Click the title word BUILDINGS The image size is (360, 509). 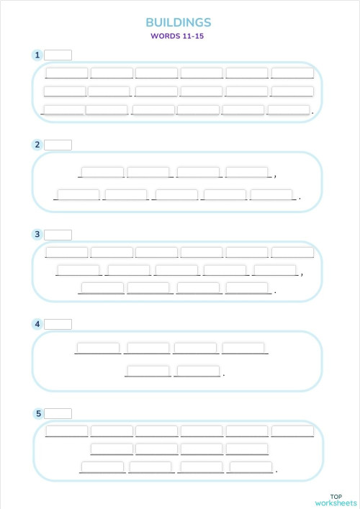pos(179,23)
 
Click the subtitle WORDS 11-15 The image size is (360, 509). pos(178,35)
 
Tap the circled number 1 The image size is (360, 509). pos(37,55)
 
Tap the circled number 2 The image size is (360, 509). pos(37,145)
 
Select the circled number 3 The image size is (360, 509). pos(37,234)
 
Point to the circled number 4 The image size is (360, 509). pos(37,324)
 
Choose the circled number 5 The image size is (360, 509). pos(37,413)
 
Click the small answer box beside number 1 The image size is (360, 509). pos(58,55)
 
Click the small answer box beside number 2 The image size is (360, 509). pos(58,145)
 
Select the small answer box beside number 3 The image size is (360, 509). pos(58,234)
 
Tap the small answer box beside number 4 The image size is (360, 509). pos(58,324)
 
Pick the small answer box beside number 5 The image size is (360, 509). pos(58,413)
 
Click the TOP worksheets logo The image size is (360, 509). pos(336,499)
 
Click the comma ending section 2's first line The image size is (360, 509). pos(276,175)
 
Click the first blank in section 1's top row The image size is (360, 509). pos(66,73)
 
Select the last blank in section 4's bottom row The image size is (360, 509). pos(197,371)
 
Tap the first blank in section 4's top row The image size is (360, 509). pos(98,348)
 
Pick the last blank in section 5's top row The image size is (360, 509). pos(292,431)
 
